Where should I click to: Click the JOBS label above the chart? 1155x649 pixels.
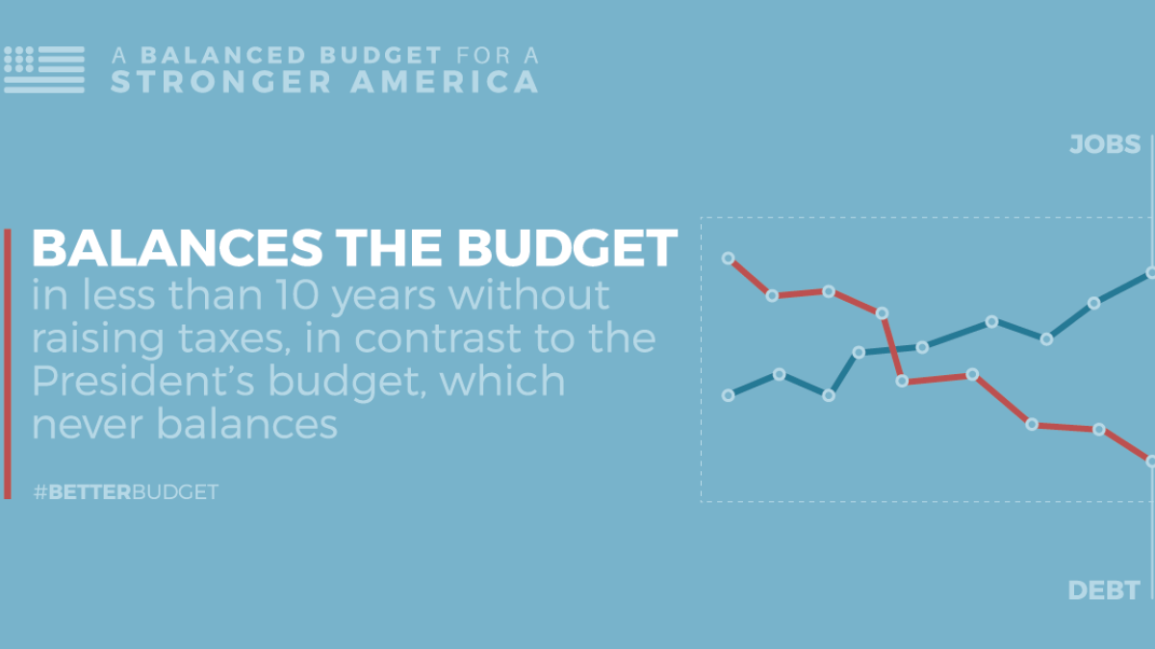point(1104,145)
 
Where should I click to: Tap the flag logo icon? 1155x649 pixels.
point(44,68)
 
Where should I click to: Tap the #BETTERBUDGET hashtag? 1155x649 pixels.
point(125,492)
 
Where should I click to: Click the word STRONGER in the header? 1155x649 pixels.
point(221,82)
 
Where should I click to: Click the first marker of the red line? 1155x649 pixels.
point(729,258)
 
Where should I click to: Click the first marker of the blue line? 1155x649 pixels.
point(729,395)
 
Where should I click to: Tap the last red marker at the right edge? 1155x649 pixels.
point(1151,462)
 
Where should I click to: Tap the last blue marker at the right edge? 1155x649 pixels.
point(1151,273)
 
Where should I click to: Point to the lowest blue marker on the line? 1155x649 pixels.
point(829,395)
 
